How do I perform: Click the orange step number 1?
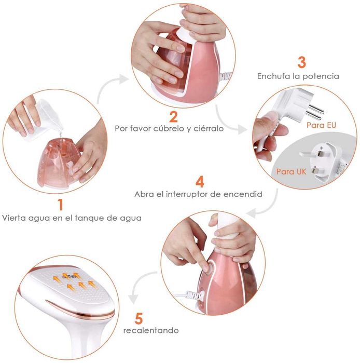pyautogui.click(x=61, y=205)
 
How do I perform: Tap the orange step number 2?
pyautogui.click(x=173, y=117)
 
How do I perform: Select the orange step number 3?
pyautogui.click(x=302, y=62)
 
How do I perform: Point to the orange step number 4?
pyautogui.click(x=200, y=182)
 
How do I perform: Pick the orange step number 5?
pyautogui.click(x=139, y=318)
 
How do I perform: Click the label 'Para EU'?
pyautogui.click(x=321, y=125)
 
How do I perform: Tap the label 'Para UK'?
pyautogui.click(x=291, y=171)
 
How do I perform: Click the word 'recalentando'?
pyautogui.click(x=151, y=330)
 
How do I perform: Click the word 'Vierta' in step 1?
pyautogui.click(x=13, y=218)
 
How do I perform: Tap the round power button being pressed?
pyautogui.click(x=209, y=267)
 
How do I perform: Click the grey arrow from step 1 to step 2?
pyautogui.click(x=108, y=85)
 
